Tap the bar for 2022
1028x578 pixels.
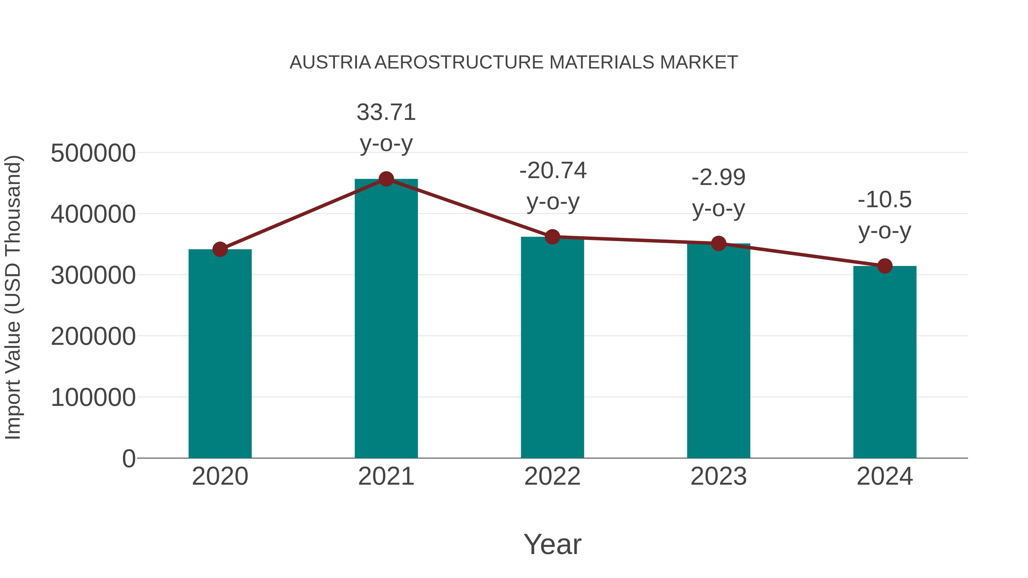pyautogui.click(x=552, y=347)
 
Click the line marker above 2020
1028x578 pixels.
pyautogui.click(x=220, y=249)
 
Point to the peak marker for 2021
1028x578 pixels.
pyautogui.click(x=386, y=179)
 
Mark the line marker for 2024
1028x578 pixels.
pyautogui.click(x=885, y=266)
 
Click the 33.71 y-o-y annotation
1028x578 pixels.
pyautogui.click(x=386, y=112)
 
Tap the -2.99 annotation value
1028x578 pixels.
pyautogui.click(x=718, y=178)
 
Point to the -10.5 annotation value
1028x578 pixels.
pyautogui.click(x=885, y=200)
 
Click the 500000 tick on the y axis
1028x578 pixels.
pyautogui.click(x=93, y=153)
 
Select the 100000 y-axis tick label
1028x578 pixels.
pyautogui.click(x=93, y=398)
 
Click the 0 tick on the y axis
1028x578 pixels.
pyautogui.click(x=128, y=459)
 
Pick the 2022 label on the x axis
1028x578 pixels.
pyautogui.click(x=552, y=476)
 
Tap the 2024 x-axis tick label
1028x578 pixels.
pyautogui.click(x=885, y=476)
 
